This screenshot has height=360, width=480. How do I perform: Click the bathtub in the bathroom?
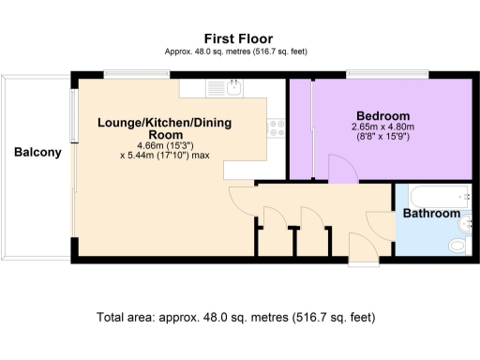435,194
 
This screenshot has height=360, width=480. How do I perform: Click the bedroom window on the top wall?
387,74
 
